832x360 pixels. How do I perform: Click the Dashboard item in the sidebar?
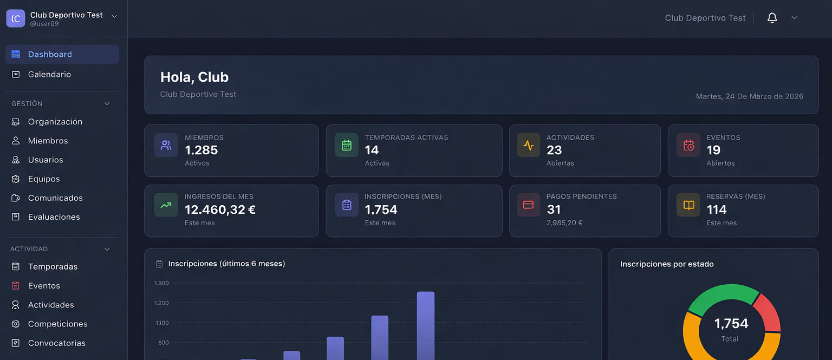(50, 54)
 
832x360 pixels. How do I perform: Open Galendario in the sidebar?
(49, 74)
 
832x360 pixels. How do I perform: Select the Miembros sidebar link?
(48, 141)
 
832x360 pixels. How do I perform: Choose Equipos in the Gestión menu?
(44, 179)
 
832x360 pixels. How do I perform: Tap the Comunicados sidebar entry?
(55, 198)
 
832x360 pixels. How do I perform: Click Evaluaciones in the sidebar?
(54, 217)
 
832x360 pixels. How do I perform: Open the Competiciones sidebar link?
(57, 324)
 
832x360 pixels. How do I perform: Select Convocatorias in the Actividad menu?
(56, 343)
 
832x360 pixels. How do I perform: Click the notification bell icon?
(772, 18)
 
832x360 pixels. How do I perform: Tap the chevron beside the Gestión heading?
(107, 103)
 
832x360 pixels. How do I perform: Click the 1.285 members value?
(201, 150)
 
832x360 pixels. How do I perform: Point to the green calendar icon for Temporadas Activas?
(347, 145)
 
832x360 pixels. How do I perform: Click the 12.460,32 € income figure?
(220, 210)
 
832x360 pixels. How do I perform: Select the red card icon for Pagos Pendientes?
(528, 205)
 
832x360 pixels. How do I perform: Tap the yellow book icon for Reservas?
(688, 205)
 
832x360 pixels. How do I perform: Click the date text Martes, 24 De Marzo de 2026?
(749, 96)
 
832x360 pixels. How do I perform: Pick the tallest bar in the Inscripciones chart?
(425, 325)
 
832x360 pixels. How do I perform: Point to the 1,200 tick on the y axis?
(161, 303)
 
